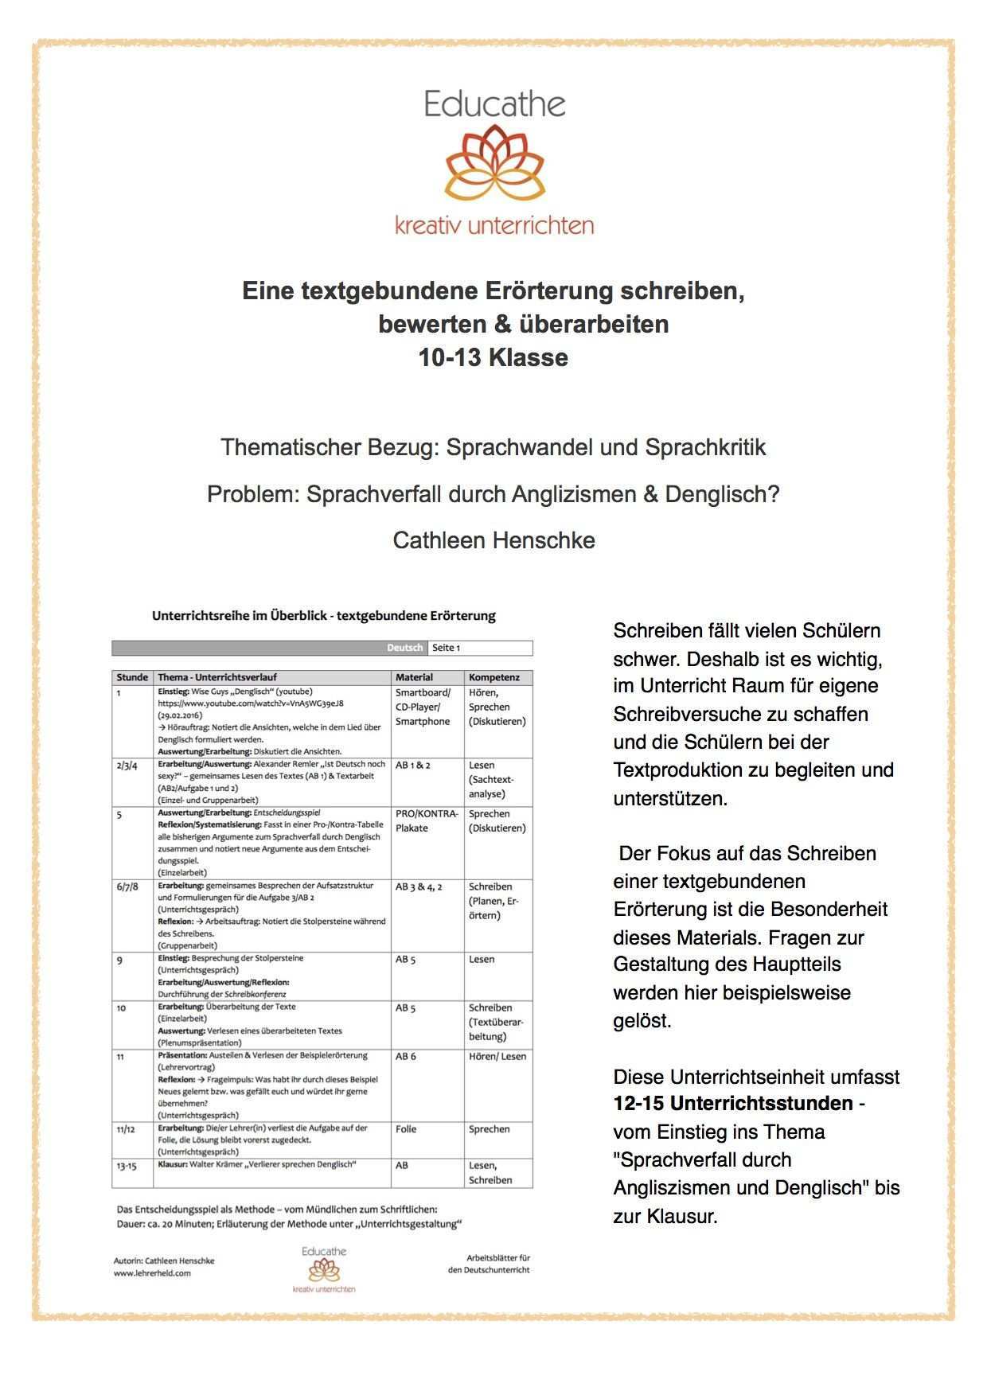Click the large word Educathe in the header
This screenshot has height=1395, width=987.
pos(494,104)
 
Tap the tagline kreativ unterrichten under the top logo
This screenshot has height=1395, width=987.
pos(494,225)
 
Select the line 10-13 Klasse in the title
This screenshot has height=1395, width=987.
pos(494,358)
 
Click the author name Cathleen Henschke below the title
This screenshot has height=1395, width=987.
pos(494,540)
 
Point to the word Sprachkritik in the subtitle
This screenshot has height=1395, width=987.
pos(705,447)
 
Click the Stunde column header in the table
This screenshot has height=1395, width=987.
pos(132,677)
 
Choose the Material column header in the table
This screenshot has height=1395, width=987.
pos(415,677)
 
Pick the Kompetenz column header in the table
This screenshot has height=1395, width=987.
pos(494,677)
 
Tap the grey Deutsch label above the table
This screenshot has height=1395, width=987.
pos(405,648)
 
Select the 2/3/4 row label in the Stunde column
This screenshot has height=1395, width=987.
pos(127,766)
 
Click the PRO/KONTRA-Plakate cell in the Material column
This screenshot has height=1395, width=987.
pos(427,820)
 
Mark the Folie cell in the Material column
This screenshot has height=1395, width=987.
pos(408,1129)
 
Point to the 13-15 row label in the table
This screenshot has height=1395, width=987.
pos(127,1165)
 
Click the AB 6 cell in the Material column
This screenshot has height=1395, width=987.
pos(406,1057)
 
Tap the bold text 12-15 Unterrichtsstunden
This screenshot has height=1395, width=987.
pos(733,1105)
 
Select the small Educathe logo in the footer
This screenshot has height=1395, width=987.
pos(324,1269)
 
